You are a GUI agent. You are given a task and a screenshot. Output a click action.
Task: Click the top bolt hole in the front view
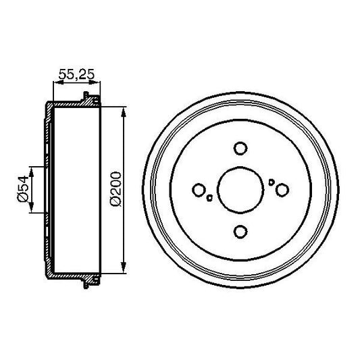(x=240, y=147)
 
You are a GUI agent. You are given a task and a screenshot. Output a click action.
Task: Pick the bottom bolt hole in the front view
(x=240, y=232)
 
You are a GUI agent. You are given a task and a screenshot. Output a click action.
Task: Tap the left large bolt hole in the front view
(x=198, y=190)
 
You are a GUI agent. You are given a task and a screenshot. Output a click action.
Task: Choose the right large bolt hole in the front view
(x=282, y=190)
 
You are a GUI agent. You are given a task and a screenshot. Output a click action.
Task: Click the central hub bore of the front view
(x=240, y=190)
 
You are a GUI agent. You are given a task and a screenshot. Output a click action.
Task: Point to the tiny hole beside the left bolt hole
(x=210, y=198)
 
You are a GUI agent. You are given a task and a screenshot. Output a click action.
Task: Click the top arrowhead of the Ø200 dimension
(x=123, y=109)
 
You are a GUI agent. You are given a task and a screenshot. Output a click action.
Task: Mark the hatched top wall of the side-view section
(x=71, y=103)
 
